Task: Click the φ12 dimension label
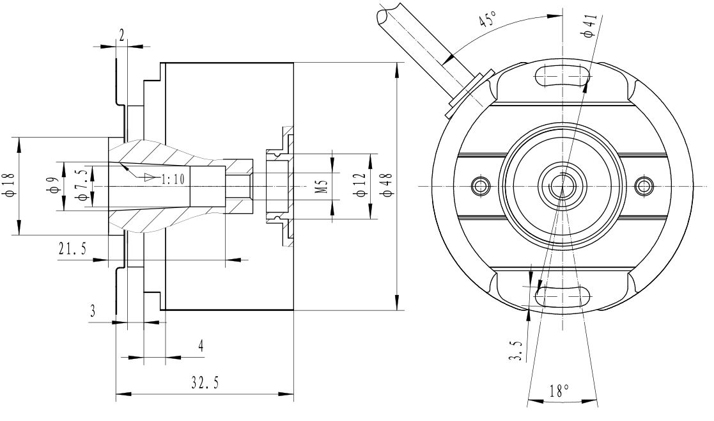pos(361,186)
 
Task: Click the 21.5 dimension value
pos(72,250)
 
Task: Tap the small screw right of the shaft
pos(644,186)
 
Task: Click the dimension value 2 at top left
pos(121,36)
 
